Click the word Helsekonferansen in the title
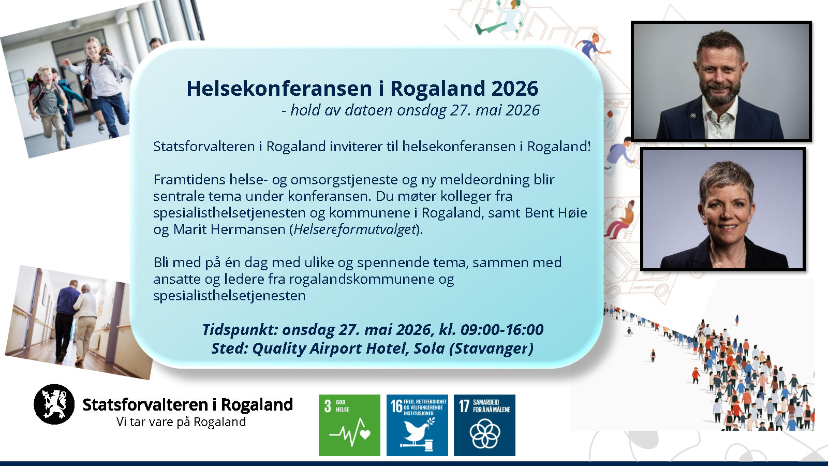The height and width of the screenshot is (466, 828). (x=279, y=89)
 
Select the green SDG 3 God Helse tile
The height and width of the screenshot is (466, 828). (x=349, y=425)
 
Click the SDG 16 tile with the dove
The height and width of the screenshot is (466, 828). (x=417, y=425)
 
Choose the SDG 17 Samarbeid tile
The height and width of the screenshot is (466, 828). (x=484, y=425)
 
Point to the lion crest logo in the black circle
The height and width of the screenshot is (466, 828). (x=54, y=404)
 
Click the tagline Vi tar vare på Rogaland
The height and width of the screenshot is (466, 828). (x=181, y=422)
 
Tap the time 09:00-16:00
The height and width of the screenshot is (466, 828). (x=502, y=329)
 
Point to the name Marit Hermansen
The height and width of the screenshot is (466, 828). (x=229, y=230)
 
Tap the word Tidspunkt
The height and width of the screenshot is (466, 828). (x=240, y=329)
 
